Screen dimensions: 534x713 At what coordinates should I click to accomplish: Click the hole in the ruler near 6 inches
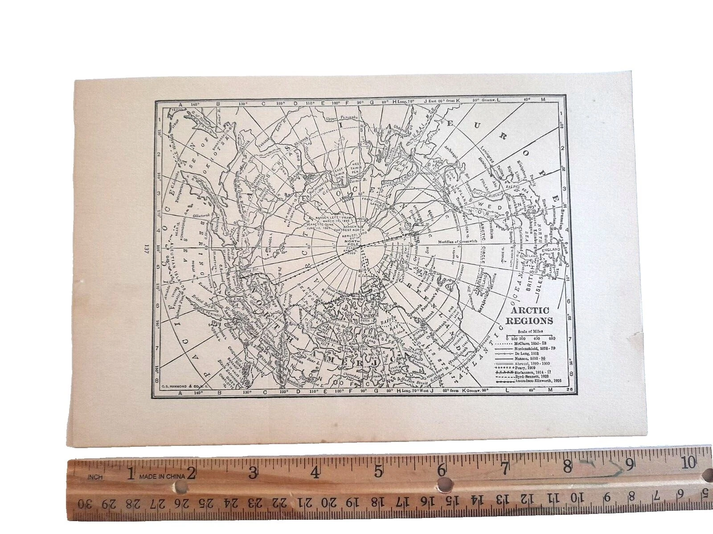click(443, 483)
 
